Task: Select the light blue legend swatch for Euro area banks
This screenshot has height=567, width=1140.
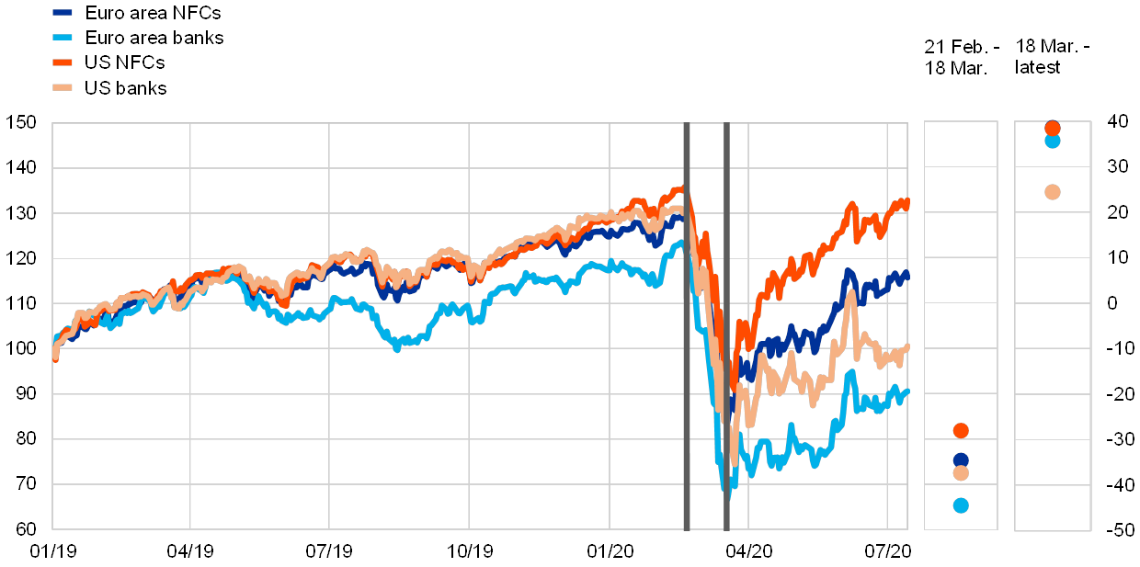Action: click(63, 39)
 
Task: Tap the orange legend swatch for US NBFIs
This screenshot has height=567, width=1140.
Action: click(63, 63)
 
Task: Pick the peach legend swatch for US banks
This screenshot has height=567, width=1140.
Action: click(63, 88)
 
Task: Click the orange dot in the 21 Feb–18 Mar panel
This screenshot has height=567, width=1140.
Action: click(961, 430)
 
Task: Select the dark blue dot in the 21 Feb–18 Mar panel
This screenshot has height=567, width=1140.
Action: click(961, 459)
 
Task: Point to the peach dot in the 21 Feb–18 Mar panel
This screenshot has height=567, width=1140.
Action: click(961, 472)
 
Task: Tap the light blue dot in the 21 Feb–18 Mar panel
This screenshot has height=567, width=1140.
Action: click(961, 505)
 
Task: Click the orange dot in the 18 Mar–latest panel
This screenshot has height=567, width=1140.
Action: click(1053, 128)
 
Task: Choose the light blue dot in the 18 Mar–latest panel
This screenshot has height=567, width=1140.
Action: click(1053, 141)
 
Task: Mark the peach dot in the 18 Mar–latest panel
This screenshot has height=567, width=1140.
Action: click(1053, 192)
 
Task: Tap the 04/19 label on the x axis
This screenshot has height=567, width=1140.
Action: click(190, 550)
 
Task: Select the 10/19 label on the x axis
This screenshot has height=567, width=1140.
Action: click(469, 550)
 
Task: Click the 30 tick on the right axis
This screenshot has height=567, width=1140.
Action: click(1118, 166)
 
